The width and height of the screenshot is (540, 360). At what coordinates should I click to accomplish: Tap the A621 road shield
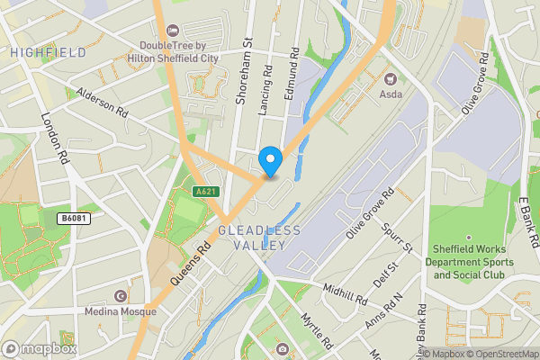tap(205, 191)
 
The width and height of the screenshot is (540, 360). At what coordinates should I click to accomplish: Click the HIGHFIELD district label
tap(49, 53)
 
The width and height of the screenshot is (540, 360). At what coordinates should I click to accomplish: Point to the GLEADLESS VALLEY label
tap(259, 238)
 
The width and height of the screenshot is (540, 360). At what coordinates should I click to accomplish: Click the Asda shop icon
tap(391, 78)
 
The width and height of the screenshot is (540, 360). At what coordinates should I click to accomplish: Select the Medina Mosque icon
tap(121, 296)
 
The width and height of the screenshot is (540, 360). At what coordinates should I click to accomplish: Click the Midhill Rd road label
tap(346, 294)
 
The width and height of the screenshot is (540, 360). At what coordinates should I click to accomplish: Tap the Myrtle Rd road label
tap(316, 330)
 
